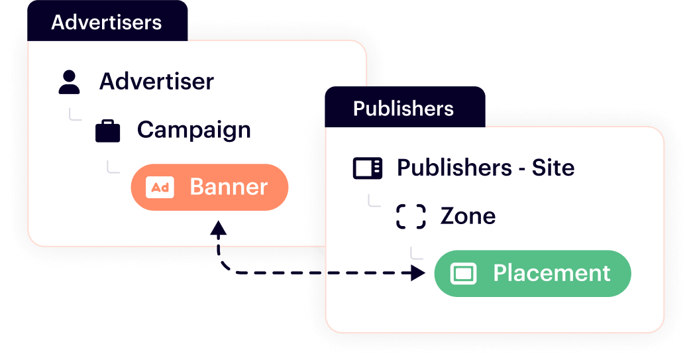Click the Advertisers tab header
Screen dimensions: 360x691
(107, 22)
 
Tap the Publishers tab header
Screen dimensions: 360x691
(403, 108)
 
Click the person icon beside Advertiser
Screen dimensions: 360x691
(69, 82)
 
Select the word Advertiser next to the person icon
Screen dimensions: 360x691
(156, 82)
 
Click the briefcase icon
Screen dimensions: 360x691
(107, 131)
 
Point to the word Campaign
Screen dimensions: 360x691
(193, 130)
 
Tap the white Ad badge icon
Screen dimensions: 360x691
(160, 188)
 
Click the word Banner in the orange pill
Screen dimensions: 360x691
(229, 187)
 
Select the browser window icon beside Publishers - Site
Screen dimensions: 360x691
(367, 168)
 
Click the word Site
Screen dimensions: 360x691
(553, 168)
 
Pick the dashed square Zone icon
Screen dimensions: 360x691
(411, 216)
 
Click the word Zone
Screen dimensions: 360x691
(468, 216)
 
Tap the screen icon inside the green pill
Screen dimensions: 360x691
(463, 273)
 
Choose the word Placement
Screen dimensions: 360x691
(551, 273)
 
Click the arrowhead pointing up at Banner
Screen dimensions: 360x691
(218, 229)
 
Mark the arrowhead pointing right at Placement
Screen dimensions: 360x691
(417, 272)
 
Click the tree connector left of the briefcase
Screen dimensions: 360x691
(75, 115)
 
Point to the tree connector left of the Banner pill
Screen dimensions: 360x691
(113, 166)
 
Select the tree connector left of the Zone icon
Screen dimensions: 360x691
(374, 200)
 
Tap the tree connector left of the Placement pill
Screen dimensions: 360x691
(416, 253)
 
